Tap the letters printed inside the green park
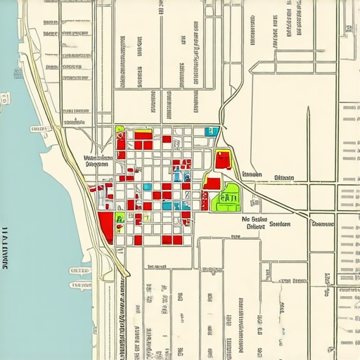pos(229,199)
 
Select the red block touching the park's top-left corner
pos(212,184)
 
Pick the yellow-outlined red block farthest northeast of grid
pos(224,160)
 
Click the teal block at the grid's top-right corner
pos(210,131)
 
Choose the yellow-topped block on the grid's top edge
pos(143,134)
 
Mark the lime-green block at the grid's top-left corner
pos(120,130)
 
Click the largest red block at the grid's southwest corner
pos(106,224)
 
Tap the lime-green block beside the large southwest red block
pos(120,219)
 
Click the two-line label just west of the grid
pos(98,162)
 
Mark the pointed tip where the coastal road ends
pos(127,275)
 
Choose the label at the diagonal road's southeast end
pos(322,224)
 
